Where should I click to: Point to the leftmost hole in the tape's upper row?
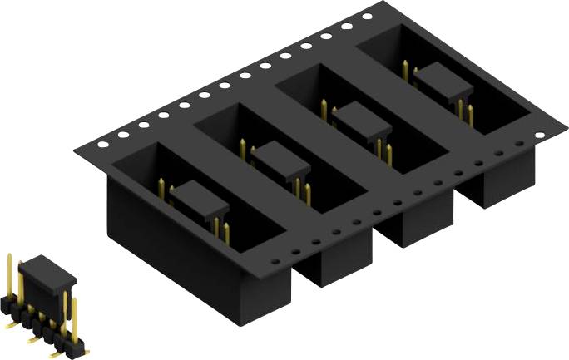pyautogui.click(x=102, y=144)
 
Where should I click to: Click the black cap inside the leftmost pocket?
pyautogui.click(x=200, y=196)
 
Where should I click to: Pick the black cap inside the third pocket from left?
pyautogui.click(x=362, y=120)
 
